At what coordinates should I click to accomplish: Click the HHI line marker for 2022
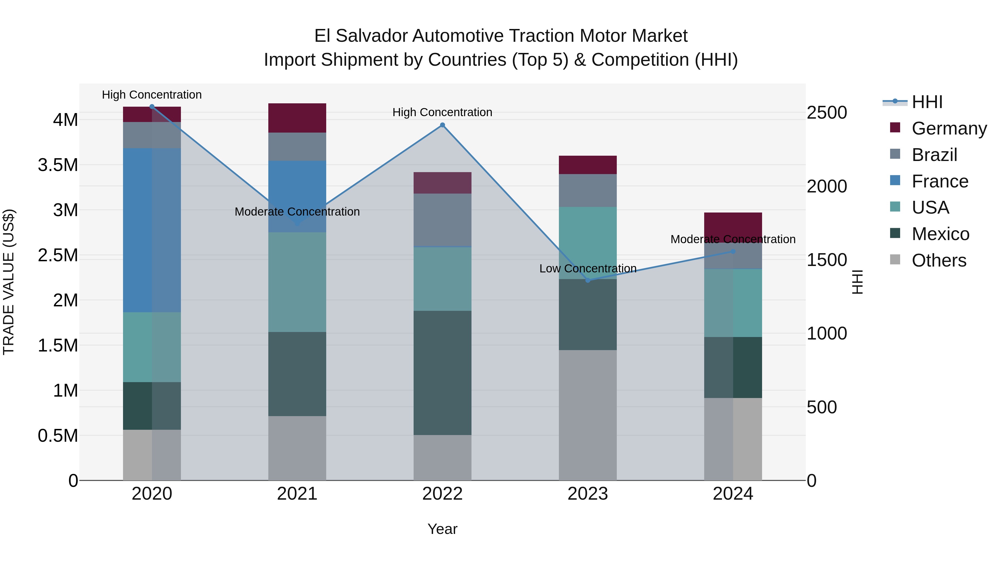[x=442, y=125]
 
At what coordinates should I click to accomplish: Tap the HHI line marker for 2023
[x=588, y=280]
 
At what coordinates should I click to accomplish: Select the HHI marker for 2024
[x=733, y=252]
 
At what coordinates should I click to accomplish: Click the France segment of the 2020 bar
[x=152, y=230]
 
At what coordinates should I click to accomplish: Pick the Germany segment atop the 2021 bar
[x=297, y=118]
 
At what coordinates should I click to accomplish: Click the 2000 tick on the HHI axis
[x=827, y=186]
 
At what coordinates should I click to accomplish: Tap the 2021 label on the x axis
[x=297, y=494]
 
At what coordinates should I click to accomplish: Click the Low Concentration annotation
[x=588, y=268]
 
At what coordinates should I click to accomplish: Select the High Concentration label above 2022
[x=442, y=112]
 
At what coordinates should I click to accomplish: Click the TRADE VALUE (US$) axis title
[x=9, y=282]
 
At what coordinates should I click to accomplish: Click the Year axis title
[x=442, y=529]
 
